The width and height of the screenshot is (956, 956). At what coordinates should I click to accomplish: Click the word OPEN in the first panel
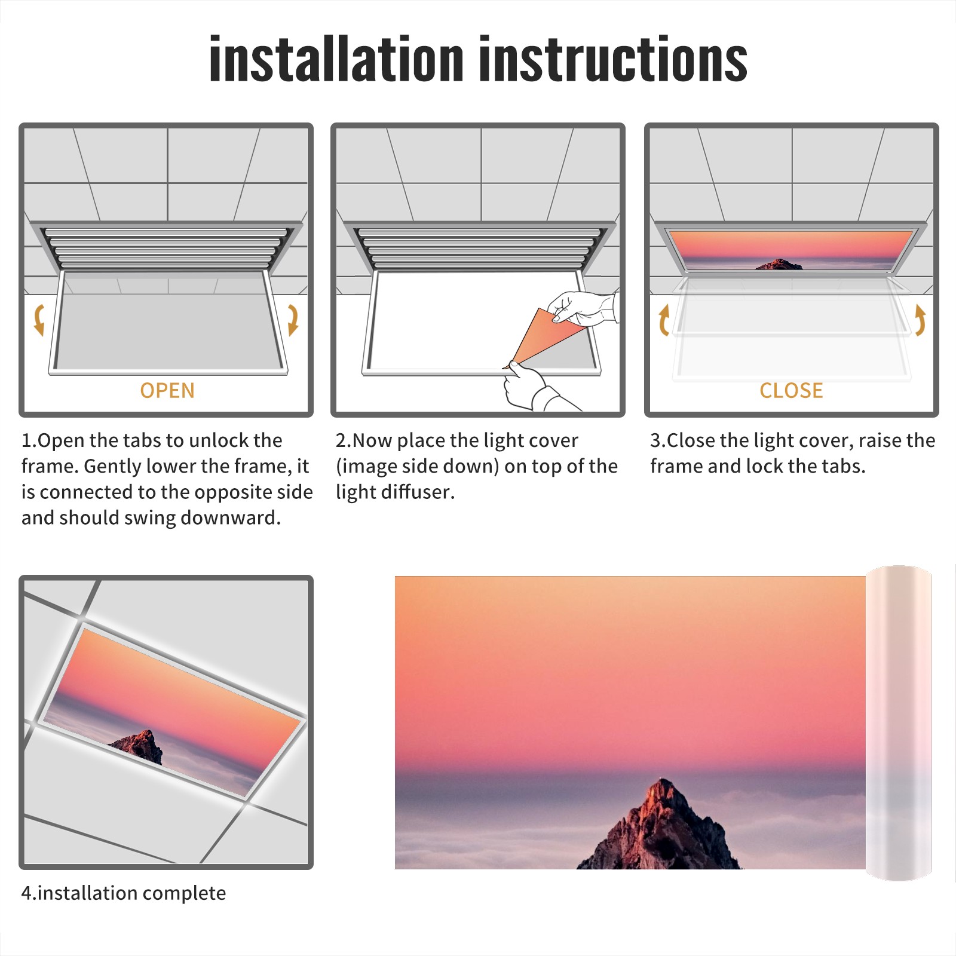(x=167, y=391)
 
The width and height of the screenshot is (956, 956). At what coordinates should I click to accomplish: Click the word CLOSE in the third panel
(x=791, y=391)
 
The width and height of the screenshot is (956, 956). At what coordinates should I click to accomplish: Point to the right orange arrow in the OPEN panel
(x=293, y=320)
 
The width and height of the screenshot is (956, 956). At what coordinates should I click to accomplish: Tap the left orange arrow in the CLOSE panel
(x=664, y=320)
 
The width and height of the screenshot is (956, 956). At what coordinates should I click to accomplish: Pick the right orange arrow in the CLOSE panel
(x=920, y=320)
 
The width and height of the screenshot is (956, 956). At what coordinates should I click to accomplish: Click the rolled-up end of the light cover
(x=899, y=723)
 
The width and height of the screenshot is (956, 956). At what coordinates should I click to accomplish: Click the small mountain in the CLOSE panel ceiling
(x=779, y=264)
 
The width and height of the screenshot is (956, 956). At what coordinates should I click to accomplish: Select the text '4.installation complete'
(x=124, y=893)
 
